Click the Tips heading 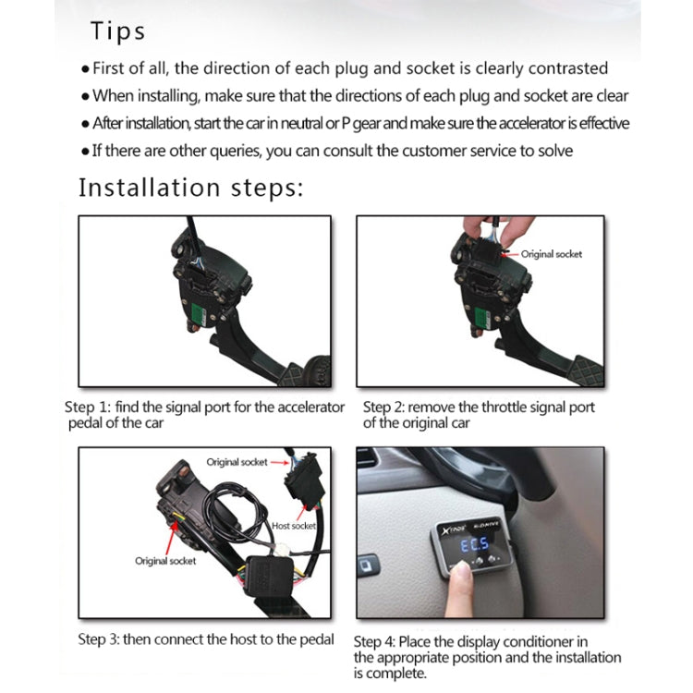tap(117, 31)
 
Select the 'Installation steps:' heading tap(190, 188)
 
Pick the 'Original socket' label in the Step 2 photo tap(552, 254)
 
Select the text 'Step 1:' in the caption tap(89, 407)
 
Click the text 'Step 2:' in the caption tap(383, 407)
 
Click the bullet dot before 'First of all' tap(87, 68)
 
